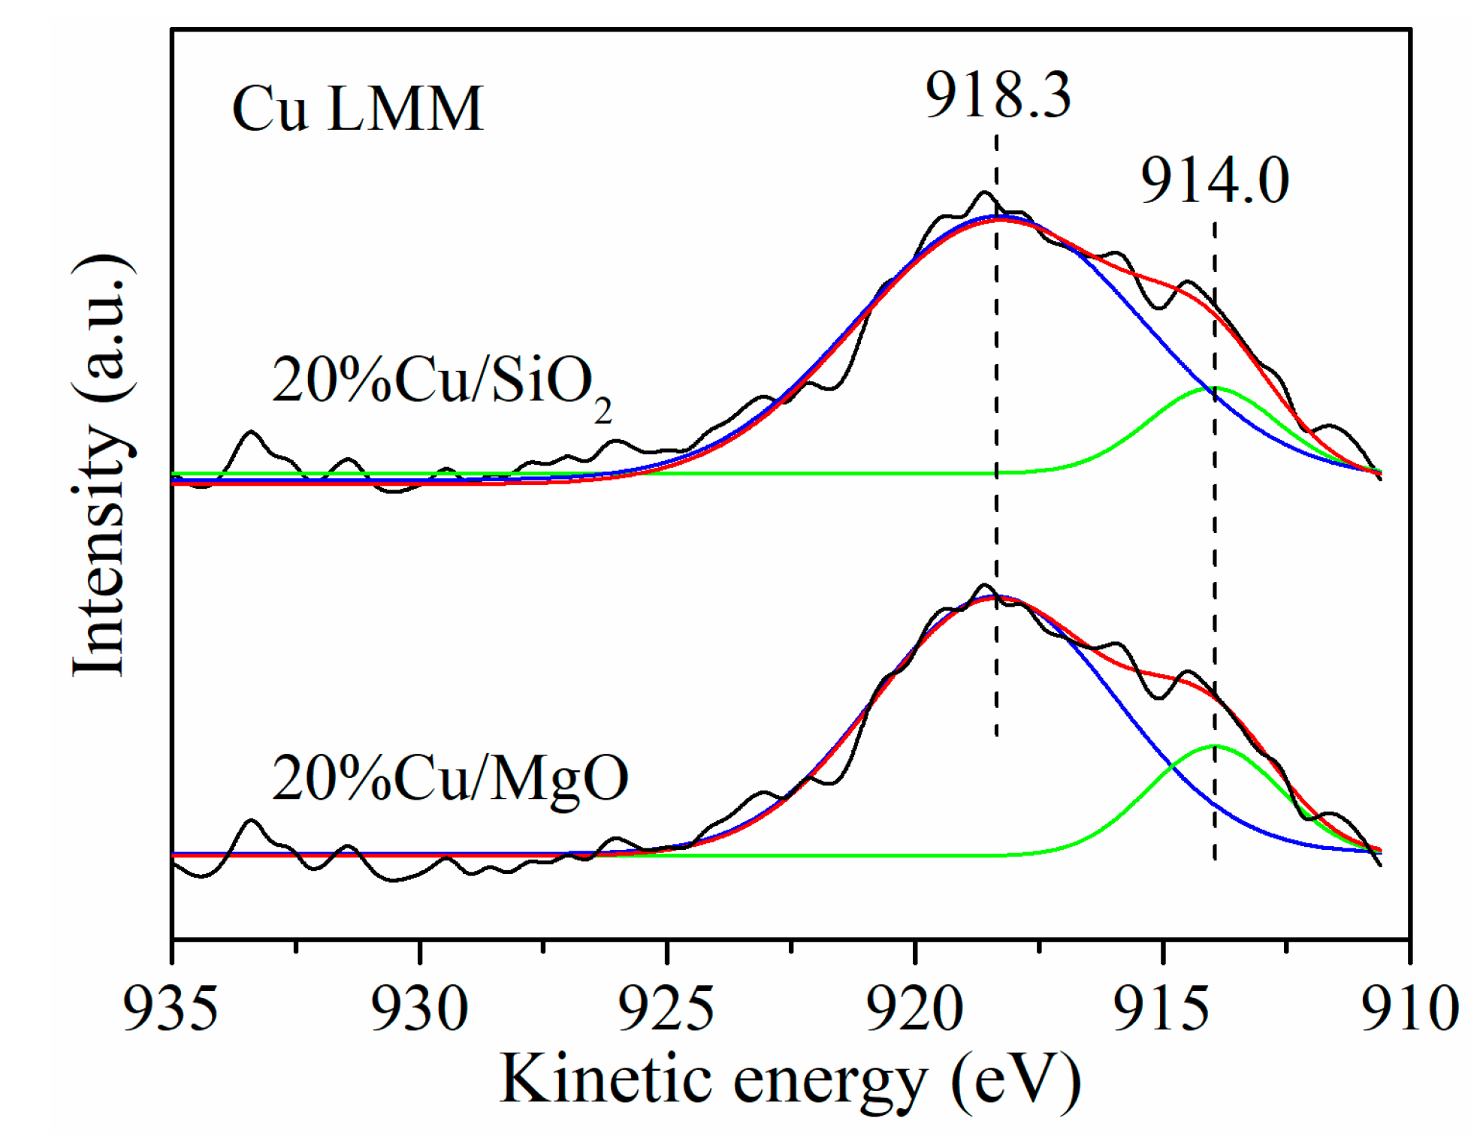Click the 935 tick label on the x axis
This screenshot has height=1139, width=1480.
click(171, 1008)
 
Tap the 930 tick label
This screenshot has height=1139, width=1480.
click(419, 1008)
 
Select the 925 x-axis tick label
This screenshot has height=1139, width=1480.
click(666, 1008)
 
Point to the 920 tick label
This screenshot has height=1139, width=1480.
click(914, 1008)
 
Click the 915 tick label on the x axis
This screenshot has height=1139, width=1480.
click(1161, 1008)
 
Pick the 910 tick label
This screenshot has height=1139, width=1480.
click(1410, 1008)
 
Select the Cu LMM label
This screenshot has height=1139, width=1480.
click(358, 109)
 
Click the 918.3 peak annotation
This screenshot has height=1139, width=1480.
click(997, 95)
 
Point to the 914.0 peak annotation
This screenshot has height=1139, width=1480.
click(1214, 181)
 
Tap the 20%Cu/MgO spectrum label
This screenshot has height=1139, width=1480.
click(449, 779)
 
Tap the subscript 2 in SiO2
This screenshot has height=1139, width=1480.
click(603, 411)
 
